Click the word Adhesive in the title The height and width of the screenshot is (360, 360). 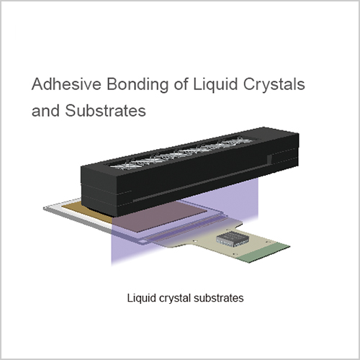click(x=66, y=84)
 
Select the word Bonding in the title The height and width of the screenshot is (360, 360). click(x=138, y=84)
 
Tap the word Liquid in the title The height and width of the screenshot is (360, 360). click(x=215, y=84)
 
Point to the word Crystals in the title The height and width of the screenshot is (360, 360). click(x=274, y=84)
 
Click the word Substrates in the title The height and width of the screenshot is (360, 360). click(x=105, y=110)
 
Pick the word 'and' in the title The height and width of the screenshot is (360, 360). click(x=45, y=110)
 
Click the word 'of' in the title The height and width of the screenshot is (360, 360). click(x=181, y=84)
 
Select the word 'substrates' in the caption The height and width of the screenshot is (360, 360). click(x=219, y=298)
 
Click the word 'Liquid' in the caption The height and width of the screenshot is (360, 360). click(x=142, y=298)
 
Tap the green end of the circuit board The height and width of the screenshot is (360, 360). click(x=264, y=253)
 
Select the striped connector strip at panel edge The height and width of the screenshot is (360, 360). click(x=185, y=228)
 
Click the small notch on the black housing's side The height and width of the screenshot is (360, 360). click(x=269, y=160)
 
